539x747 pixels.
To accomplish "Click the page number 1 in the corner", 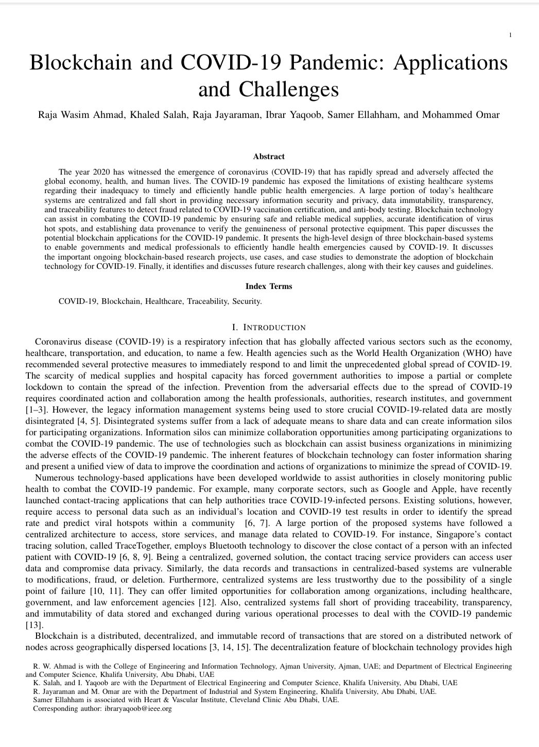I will pyautogui.click(x=510, y=35).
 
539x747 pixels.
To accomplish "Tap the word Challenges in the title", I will pyautogui.click(x=288, y=90).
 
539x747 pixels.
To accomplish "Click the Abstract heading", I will pyautogui.click(x=269, y=157).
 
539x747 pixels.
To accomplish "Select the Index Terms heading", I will pyautogui.click(x=269, y=286).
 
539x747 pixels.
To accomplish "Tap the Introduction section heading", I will pyautogui.click(x=269, y=328).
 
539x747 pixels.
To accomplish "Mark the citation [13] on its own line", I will pyautogui.click(x=34, y=625).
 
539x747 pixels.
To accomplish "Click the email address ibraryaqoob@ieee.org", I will pyautogui.click(x=134, y=709).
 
